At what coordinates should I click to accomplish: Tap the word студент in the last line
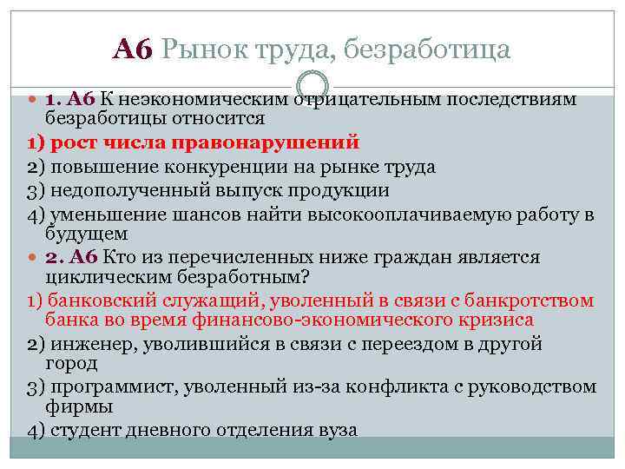click(80, 429)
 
